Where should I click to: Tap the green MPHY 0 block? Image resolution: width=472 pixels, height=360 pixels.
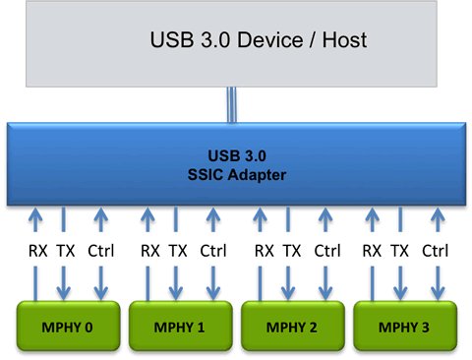point(65,326)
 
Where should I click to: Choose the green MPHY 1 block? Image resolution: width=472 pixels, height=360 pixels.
point(178,326)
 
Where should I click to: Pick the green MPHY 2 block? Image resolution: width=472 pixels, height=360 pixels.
point(291,326)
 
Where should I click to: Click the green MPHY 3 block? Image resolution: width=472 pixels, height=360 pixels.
point(405,326)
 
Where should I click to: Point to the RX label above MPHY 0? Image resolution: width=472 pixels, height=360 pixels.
point(35,251)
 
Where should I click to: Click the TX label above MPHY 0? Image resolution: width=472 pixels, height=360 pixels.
point(64,251)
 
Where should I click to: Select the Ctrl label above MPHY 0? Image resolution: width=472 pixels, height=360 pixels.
point(100,251)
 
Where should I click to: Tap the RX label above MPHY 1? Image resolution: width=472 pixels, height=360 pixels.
point(149,251)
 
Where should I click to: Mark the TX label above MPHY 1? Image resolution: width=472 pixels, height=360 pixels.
point(178,251)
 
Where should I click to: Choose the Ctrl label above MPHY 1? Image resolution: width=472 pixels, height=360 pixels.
point(214,251)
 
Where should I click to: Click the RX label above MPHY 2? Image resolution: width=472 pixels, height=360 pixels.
point(264,251)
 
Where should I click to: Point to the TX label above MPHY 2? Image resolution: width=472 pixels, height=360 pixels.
point(292,251)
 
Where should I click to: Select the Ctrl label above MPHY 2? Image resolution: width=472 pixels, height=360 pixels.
point(327,251)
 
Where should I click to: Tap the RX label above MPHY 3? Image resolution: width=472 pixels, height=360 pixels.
point(372,251)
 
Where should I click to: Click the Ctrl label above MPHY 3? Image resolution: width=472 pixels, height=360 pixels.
point(436,251)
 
